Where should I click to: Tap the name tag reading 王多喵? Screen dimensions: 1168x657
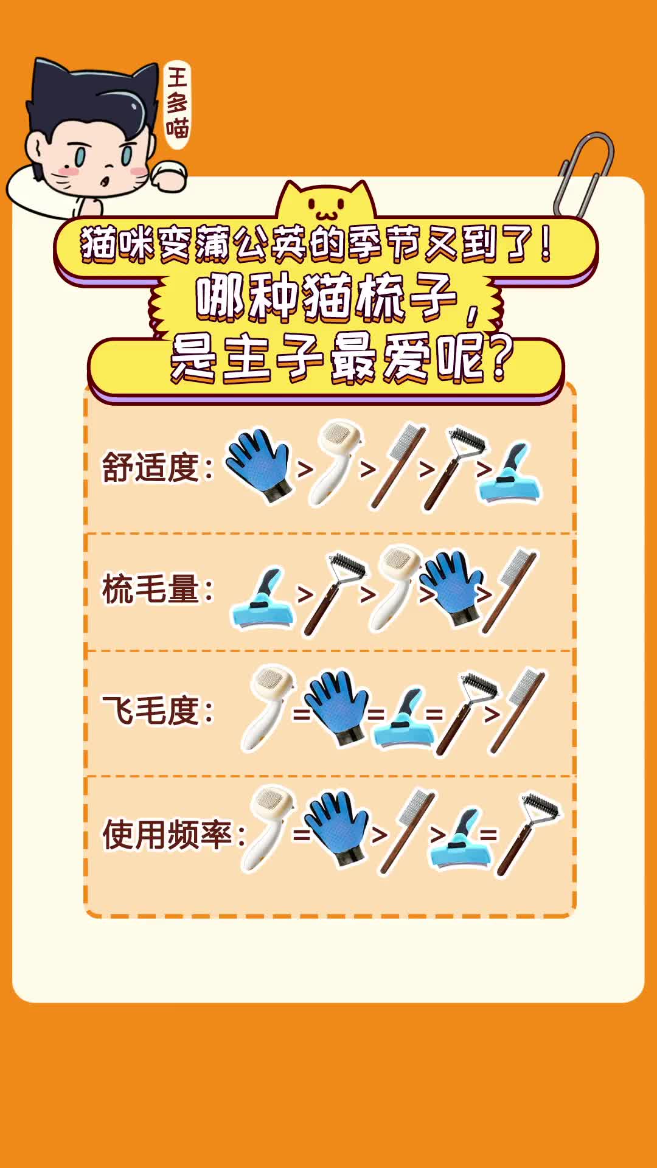[x=177, y=103]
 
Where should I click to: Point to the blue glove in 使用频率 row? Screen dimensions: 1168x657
[x=337, y=827]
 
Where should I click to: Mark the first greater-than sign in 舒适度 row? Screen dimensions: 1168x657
[x=305, y=469]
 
